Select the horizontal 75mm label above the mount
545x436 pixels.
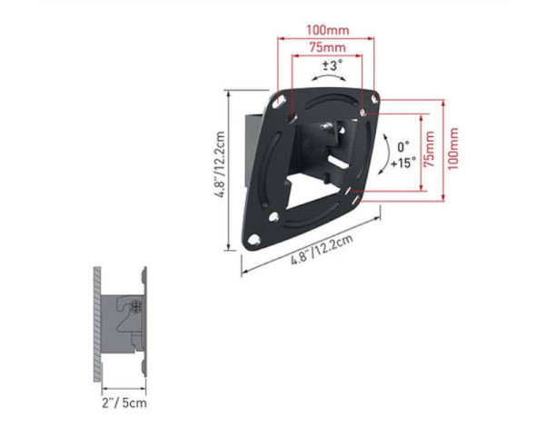(x=326, y=47)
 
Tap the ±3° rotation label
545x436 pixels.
(x=333, y=65)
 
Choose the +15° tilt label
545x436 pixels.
(x=403, y=163)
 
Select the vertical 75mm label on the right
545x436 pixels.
(x=429, y=152)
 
